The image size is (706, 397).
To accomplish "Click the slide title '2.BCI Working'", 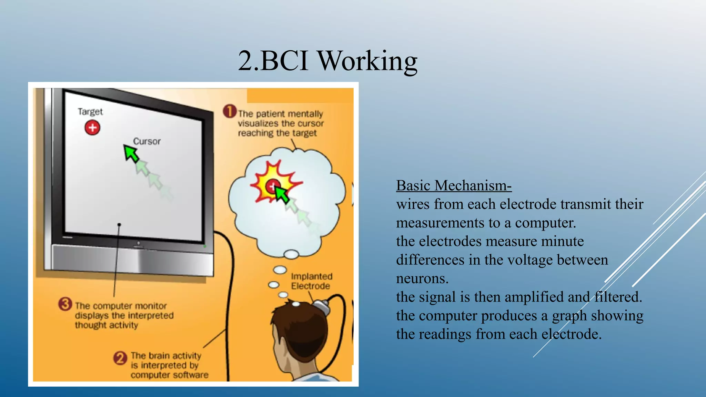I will tap(327, 61).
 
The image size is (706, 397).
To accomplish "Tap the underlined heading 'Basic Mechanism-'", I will tap(454, 186).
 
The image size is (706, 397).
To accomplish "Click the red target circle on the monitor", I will tap(92, 128).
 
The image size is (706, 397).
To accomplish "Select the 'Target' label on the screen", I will tap(90, 112).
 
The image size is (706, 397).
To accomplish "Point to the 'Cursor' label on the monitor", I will tap(147, 141).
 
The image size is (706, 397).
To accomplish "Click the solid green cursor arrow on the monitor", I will tap(131, 153).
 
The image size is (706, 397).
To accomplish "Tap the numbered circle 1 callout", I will tap(230, 111).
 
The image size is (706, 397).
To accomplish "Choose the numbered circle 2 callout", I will tap(120, 358).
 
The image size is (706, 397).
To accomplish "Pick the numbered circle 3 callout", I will tap(65, 304).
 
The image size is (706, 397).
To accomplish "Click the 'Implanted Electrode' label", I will tap(311, 281).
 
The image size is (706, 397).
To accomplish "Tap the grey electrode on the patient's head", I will tap(322, 306).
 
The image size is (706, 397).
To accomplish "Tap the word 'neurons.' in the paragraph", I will tap(422, 278).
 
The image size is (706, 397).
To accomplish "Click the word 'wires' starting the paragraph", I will tap(413, 204).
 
